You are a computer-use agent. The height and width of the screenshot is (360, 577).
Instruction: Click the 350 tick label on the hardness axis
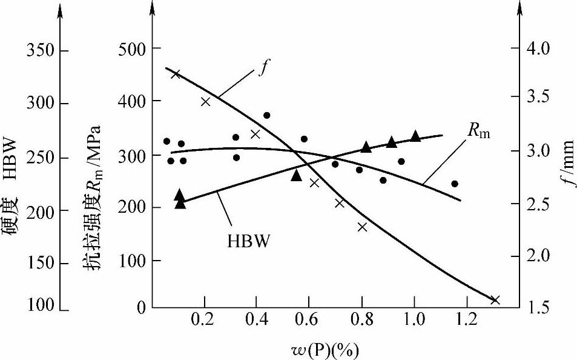39,49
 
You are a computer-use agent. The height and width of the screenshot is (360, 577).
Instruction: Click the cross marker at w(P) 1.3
495,300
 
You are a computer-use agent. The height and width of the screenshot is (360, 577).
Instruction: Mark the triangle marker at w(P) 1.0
415,136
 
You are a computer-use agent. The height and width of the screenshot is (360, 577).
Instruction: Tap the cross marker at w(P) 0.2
205,101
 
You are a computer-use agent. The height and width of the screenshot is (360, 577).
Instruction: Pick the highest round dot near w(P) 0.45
266,115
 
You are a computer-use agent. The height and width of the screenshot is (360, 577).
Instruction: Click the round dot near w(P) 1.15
455,184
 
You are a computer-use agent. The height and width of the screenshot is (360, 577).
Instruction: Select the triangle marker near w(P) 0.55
296,175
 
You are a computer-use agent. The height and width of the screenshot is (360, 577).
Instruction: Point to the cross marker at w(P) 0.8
363,227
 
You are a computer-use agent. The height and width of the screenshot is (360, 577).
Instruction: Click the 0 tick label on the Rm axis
141,308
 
